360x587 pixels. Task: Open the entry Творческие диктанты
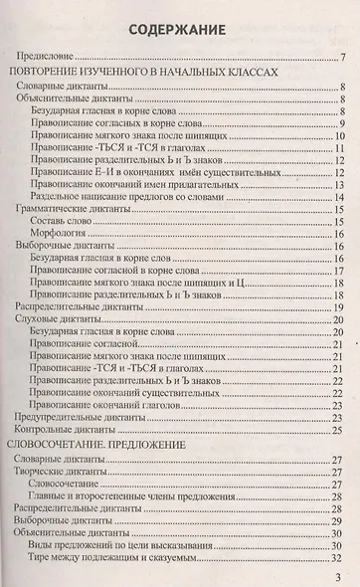pos(66,445)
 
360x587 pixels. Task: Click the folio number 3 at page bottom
pos(339,576)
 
